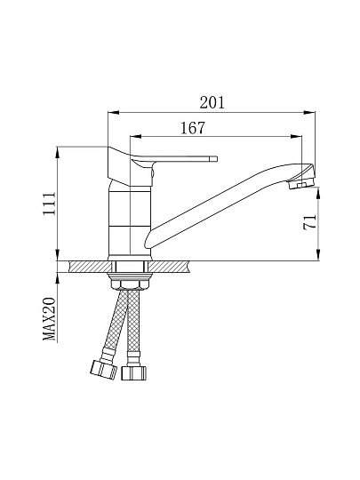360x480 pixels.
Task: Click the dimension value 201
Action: pyautogui.click(x=212, y=102)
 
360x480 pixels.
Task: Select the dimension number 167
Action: pyautogui.click(x=193, y=128)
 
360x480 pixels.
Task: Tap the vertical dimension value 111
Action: pyautogui.click(x=49, y=204)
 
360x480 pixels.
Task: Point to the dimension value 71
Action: pyautogui.click(x=309, y=222)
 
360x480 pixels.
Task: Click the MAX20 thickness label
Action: pyautogui.click(x=49, y=319)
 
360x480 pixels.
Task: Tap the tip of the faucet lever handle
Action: pyautogui.click(x=216, y=159)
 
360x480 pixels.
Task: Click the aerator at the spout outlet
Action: pyautogui.click(x=301, y=184)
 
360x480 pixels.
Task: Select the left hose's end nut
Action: pyautogui.click(x=104, y=370)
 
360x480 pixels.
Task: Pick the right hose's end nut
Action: pyautogui.click(x=133, y=373)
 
